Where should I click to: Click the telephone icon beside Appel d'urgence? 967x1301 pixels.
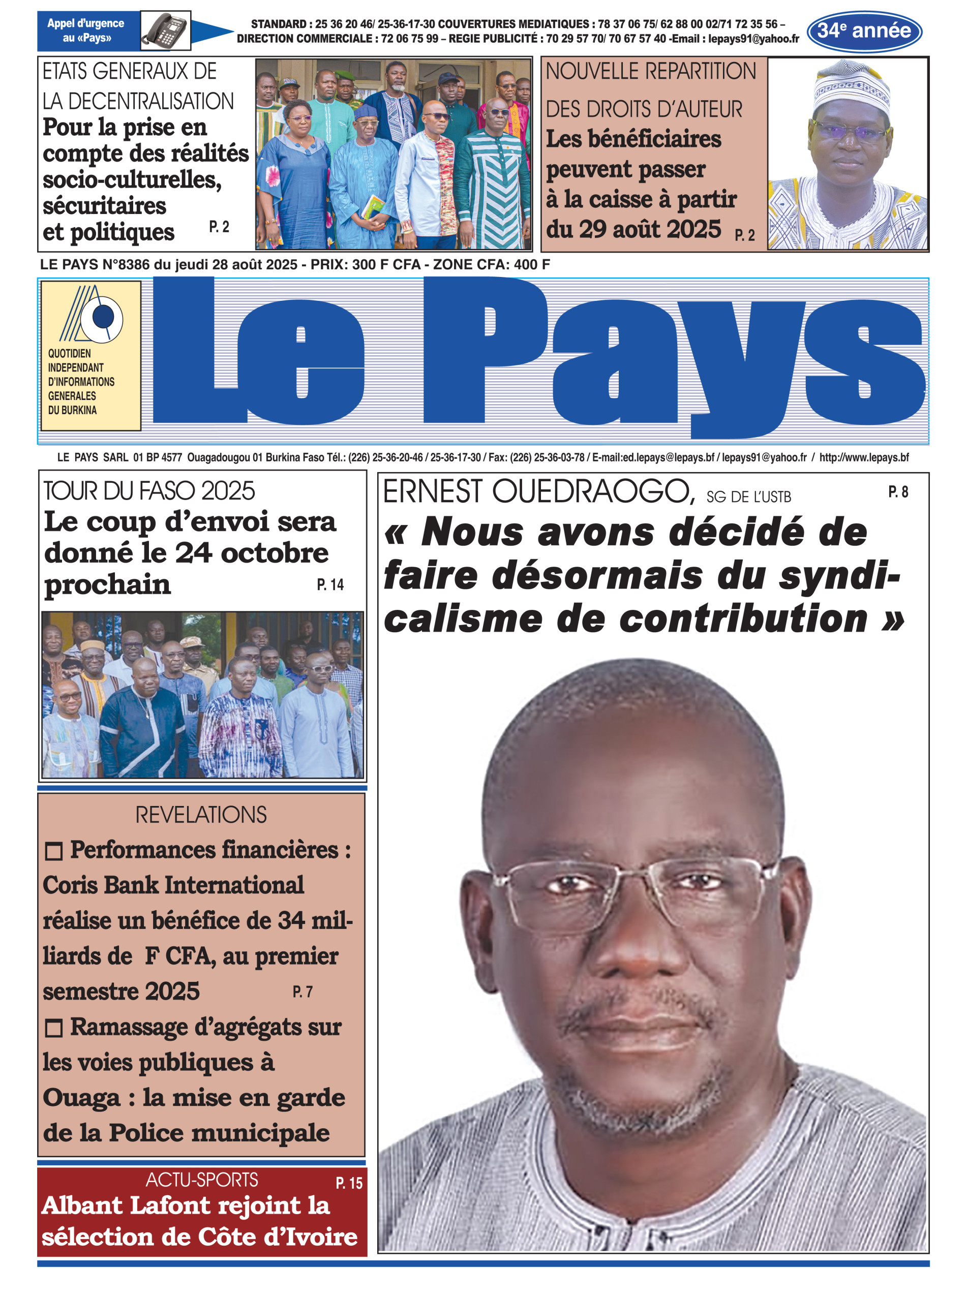pyautogui.click(x=166, y=30)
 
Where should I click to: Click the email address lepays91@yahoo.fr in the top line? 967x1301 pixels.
pyautogui.click(x=753, y=39)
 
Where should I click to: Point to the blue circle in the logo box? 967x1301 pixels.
pyautogui.click(x=103, y=317)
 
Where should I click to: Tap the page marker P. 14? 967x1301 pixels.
pyautogui.click(x=330, y=584)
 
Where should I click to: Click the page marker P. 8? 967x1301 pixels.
pyautogui.click(x=898, y=492)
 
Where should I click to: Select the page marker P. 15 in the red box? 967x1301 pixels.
pyautogui.click(x=349, y=1183)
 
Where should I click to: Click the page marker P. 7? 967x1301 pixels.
pyautogui.click(x=303, y=992)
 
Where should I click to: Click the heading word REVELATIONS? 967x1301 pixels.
pyautogui.click(x=201, y=814)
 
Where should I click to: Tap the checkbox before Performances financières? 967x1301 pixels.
pyautogui.click(x=54, y=851)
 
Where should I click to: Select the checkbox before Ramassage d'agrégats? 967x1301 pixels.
pyautogui.click(x=54, y=1028)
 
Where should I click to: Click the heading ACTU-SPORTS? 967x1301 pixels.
pyautogui.click(x=201, y=1180)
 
